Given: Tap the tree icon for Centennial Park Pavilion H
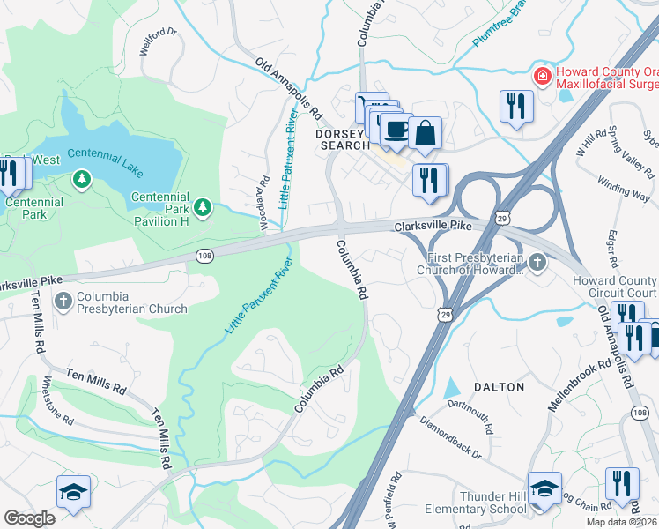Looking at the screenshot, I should tap(204, 207).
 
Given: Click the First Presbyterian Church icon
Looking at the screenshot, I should tap(537, 262).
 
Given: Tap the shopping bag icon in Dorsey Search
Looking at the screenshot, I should tap(425, 133).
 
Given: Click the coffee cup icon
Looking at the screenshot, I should tap(396, 129).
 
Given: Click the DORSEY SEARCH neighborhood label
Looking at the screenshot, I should tap(341, 138).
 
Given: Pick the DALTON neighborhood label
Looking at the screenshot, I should tap(499, 387).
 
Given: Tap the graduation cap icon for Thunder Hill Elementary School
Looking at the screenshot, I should tap(544, 488).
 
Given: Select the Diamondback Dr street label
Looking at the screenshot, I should tap(451, 437).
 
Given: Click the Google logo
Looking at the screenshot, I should tap(29, 518).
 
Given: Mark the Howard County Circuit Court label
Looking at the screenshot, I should tap(614, 287).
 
